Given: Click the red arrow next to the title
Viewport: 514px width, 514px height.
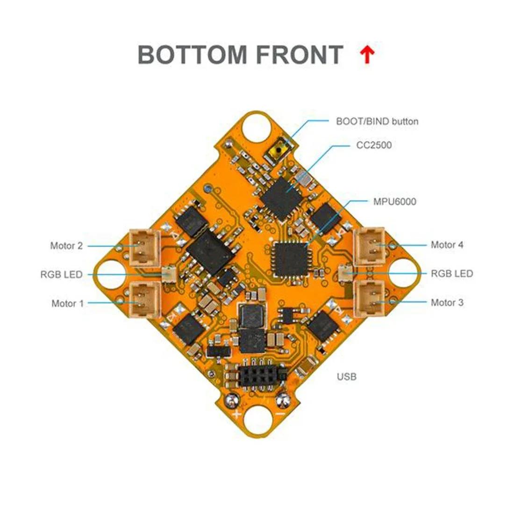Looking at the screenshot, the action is pos(368,55).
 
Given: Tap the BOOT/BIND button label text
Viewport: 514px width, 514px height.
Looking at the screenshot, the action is pos(377,121).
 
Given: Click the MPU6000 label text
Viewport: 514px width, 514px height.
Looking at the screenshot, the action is pos(395,202).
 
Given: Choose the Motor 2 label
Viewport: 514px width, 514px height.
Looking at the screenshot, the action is pos(66,246).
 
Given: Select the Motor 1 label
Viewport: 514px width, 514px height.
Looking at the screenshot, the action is pos(67,304).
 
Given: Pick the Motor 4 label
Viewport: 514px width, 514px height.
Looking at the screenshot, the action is pos(447,245).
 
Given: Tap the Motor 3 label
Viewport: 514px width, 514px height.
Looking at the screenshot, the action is pos(447,303).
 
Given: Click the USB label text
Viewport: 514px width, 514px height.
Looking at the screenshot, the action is pos(346,376).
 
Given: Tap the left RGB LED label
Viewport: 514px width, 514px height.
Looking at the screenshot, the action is pos(61,275).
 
